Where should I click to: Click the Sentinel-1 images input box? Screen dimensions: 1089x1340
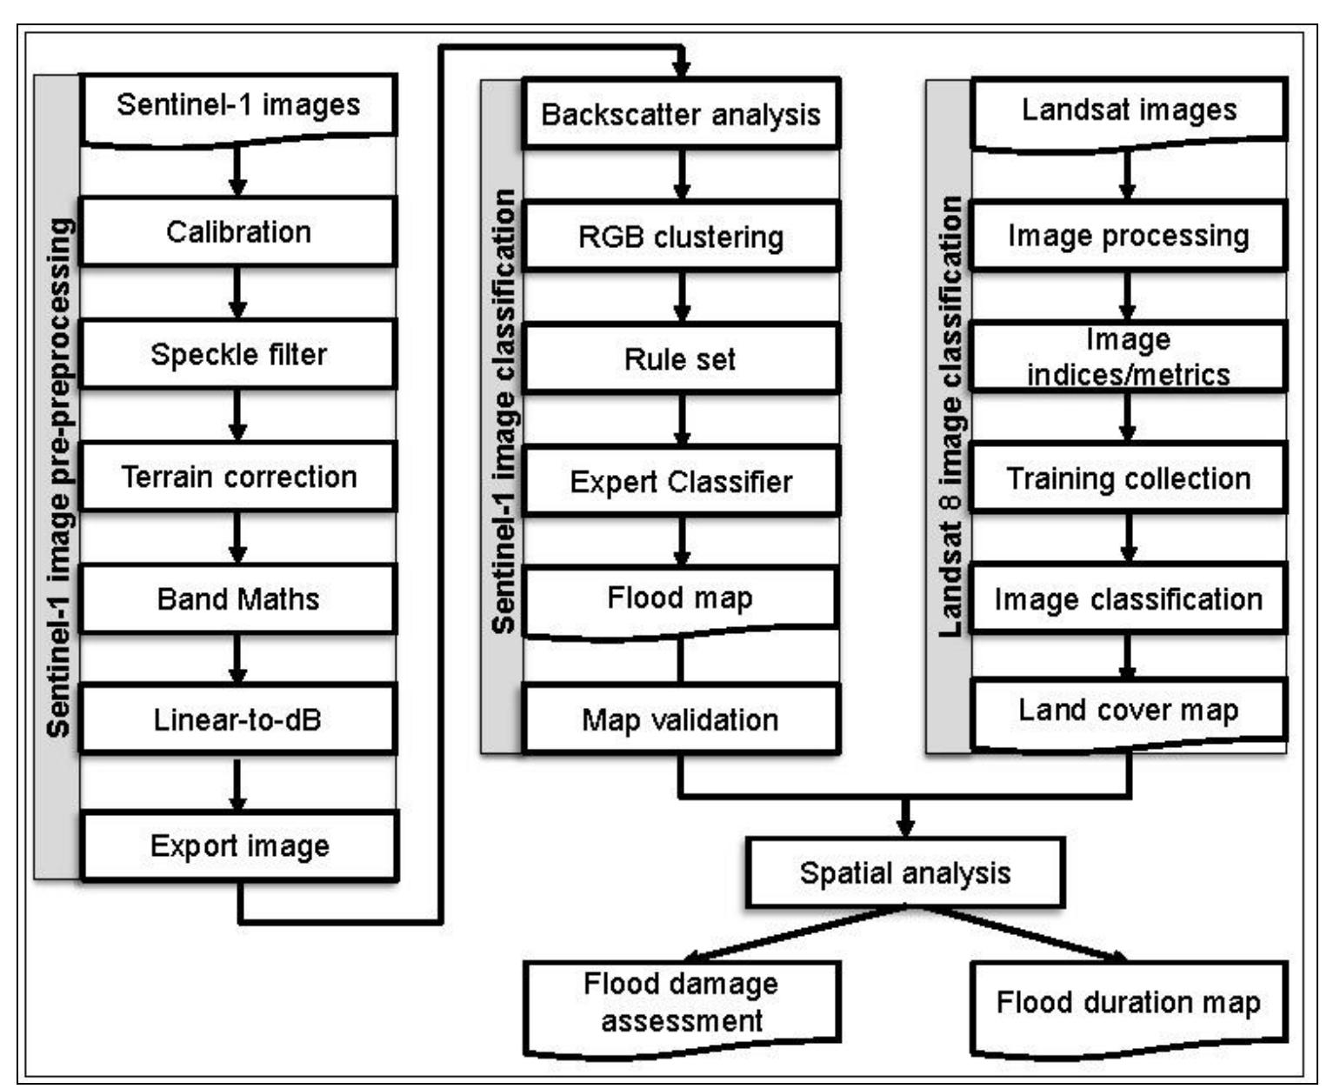pyautogui.click(x=238, y=106)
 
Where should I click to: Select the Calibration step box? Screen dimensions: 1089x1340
pyautogui.click(x=238, y=232)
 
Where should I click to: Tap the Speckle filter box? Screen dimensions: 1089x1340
pyautogui.click(x=238, y=354)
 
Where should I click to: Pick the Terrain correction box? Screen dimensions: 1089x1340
pyautogui.click(x=238, y=477)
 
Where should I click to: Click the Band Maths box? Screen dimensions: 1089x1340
pyautogui.click(x=238, y=598)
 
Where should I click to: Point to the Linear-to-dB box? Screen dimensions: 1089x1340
pyautogui.click(x=238, y=719)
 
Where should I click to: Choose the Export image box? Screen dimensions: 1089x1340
pyautogui.click(x=239, y=845)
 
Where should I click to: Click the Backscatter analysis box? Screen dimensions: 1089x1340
pyautogui.click(x=680, y=114)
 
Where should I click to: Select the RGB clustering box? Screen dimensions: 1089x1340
pyautogui.click(x=680, y=237)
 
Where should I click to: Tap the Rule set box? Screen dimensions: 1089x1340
pyautogui.click(x=680, y=358)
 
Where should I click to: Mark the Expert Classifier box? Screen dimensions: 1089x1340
pyautogui.click(x=680, y=481)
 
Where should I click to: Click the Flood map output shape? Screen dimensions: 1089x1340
pyautogui.click(x=680, y=599)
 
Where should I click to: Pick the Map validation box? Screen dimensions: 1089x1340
pyautogui.click(x=680, y=719)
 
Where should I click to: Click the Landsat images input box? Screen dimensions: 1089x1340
pyautogui.click(x=1128, y=110)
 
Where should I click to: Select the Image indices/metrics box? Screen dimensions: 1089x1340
pyautogui.click(x=1128, y=357)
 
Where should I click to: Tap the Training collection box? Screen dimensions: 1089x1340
pyautogui.click(x=1128, y=478)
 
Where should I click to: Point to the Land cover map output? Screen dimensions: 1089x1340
pyautogui.click(x=1128, y=712)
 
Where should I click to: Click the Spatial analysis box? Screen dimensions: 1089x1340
pyautogui.click(x=905, y=872)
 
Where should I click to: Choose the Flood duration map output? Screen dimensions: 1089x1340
pyautogui.click(x=1128, y=1003)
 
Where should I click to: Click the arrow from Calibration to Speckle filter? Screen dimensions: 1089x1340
pyautogui.click(x=238, y=292)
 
